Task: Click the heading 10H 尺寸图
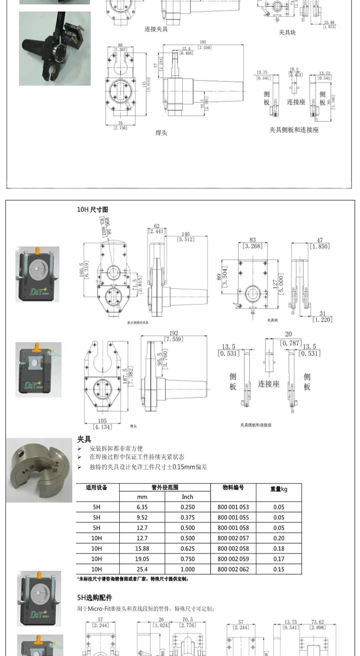pyautogui.click(x=93, y=209)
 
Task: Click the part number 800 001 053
pyautogui.click(x=233, y=507)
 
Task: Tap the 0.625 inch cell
pyautogui.click(x=187, y=548)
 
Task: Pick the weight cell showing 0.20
pyautogui.click(x=279, y=538)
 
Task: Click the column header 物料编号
pyautogui.click(x=233, y=488)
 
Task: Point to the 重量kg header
pyautogui.click(x=279, y=489)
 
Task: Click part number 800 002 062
pyautogui.click(x=233, y=569)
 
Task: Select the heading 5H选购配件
pyautogui.click(x=94, y=598)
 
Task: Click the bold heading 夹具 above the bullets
pyautogui.click(x=84, y=439)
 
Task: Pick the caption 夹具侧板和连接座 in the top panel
pyautogui.click(x=294, y=130)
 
